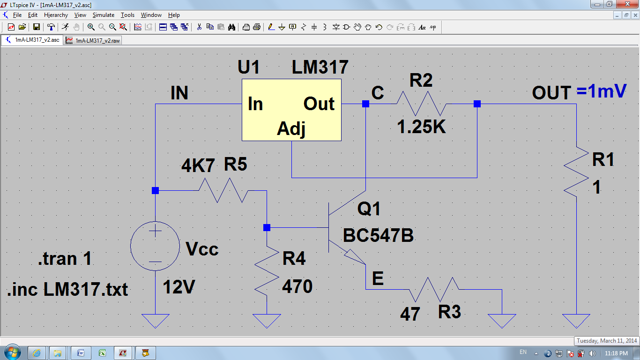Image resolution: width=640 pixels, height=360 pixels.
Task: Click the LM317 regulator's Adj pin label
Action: (291, 129)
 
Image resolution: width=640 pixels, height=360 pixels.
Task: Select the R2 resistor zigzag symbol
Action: (421, 104)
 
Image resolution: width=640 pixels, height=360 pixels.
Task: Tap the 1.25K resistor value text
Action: (421, 127)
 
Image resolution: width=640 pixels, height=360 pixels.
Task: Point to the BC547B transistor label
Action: (378, 236)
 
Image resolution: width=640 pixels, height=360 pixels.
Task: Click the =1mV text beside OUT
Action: (601, 91)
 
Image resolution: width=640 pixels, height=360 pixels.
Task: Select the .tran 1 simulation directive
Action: (65, 258)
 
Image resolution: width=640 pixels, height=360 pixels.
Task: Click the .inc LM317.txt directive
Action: (67, 289)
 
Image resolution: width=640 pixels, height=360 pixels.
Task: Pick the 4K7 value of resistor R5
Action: (198, 165)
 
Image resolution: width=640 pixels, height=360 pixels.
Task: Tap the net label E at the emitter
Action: (378, 278)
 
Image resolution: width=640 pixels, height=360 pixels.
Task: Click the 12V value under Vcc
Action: (179, 287)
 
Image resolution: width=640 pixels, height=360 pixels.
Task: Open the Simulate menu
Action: (104, 15)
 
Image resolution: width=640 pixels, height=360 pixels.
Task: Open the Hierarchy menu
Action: (56, 15)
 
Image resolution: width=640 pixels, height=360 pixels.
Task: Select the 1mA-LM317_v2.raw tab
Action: (93, 40)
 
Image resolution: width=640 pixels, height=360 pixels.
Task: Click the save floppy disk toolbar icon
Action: (36, 27)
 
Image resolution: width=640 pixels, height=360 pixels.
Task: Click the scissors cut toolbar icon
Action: (199, 27)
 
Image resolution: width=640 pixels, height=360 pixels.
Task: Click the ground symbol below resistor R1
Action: (576, 321)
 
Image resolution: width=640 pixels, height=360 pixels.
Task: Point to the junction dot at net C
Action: (366, 104)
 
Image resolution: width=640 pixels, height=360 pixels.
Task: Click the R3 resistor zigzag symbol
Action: (434, 289)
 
